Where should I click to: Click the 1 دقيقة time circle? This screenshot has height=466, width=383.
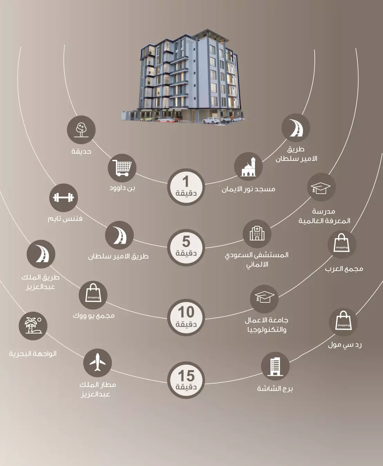pyautogui.click(x=186, y=187)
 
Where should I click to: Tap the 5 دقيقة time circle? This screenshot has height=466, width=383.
pyautogui.click(x=186, y=247)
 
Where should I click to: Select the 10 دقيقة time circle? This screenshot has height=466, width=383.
pyautogui.click(x=186, y=318)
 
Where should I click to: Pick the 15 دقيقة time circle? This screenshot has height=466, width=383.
pyautogui.click(x=186, y=380)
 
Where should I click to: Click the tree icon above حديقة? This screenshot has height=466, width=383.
pyautogui.click(x=81, y=130)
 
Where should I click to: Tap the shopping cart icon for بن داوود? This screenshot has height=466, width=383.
pyautogui.click(x=122, y=168)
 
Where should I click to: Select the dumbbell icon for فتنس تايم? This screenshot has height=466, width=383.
pyautogui.click(x=63, y=198)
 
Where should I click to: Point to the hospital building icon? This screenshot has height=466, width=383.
pyautogui.click(x=257, y=234)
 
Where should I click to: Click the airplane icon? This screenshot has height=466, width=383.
pyautogui.click(x=98, y=363)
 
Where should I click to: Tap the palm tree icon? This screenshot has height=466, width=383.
pyautogui.click(x=33, y=326)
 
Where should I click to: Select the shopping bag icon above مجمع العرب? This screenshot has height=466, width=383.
pyautogui.click(x=342, y=244)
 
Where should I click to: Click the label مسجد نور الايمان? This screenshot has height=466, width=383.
pyautogui.click(x=248, y=189)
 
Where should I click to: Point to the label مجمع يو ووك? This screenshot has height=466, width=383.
pyautogui.click(x=94, y=315)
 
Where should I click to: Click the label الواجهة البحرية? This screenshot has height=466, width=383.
pyautogui.click(x=33, y=353)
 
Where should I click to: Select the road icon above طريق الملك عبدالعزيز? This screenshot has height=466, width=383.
pyautogui.click(x=41, y=254)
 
